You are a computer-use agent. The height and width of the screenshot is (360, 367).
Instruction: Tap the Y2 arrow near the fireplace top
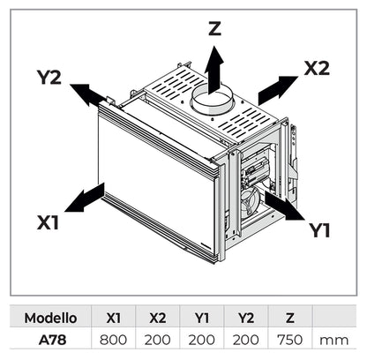point(86,93)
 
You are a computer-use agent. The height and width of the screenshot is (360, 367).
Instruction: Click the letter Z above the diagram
point(213,28)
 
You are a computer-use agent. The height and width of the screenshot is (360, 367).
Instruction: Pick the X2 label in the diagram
point(318,68)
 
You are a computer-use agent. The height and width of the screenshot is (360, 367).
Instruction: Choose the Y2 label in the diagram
point(49,77)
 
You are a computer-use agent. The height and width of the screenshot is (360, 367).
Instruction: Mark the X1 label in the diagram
point(49,223)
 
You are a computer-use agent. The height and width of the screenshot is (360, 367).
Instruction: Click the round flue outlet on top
point(213,98)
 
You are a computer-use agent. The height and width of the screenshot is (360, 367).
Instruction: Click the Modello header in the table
point(50,318)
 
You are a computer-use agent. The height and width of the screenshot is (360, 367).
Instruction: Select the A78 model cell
point(50,338)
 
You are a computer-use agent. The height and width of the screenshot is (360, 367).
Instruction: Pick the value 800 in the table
point(114,338)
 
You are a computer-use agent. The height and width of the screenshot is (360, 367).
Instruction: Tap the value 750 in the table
point(290,338)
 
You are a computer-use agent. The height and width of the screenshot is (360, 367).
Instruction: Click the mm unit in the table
point(333,338)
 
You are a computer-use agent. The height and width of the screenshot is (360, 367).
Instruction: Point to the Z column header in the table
point(290,318)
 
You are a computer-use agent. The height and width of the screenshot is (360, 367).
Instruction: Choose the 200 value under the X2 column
point(158,338)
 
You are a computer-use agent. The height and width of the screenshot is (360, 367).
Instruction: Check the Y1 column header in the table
point(202,318)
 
